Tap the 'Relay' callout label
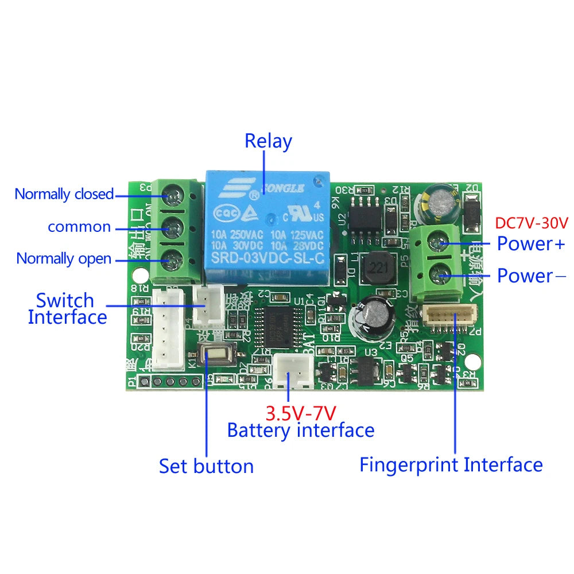268,141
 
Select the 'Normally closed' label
64,194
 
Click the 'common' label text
79,227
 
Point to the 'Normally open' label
64,258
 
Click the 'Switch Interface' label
67,308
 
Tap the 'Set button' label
206,466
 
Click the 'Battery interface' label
300,430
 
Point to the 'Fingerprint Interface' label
451,464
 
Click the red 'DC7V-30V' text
531,222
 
